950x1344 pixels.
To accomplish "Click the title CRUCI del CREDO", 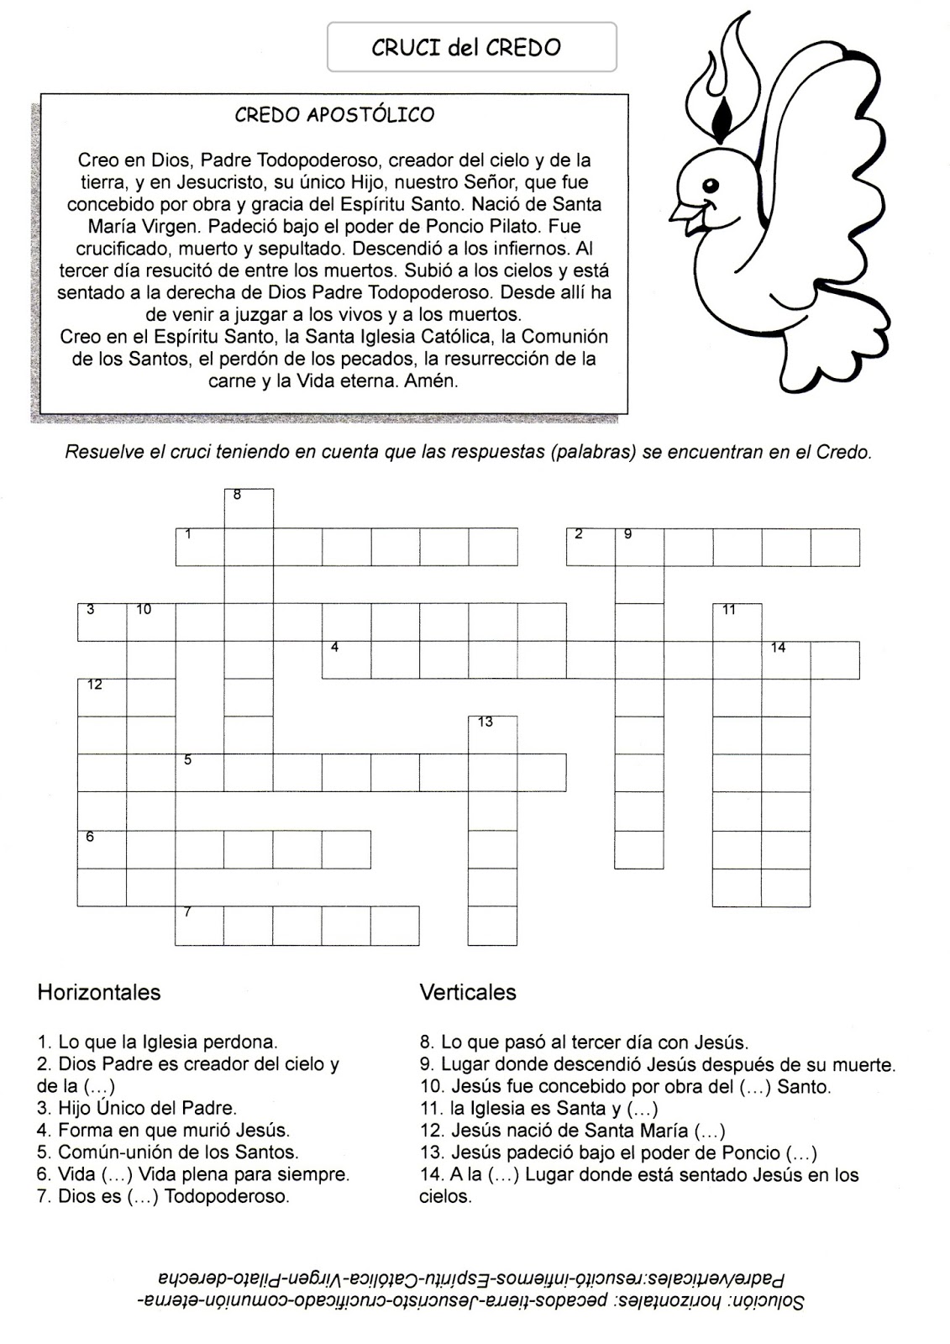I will click(x=466, y=47).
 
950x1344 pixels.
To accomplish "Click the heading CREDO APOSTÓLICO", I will click(x=333, y=114).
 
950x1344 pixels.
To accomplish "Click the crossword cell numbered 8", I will click(x=249, y=508).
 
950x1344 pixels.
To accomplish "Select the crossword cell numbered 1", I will click(x=200, y=547).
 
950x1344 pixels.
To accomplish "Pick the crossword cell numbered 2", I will click(x=590, y=547).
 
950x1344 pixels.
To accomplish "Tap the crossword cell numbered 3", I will click(x=102, y=622).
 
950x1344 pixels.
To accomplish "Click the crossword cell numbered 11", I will click(x=737, y=622).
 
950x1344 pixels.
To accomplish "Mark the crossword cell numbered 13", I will click(x=492, y=735).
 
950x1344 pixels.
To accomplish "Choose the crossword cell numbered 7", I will click(x=200, y=926).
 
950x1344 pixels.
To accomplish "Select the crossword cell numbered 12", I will click(x=102, y=697).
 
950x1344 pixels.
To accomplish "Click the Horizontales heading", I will click(x=99, y=992).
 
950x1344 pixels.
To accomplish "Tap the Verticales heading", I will click(x=468, y=992).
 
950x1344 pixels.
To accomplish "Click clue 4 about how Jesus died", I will click(x=164, y=1131).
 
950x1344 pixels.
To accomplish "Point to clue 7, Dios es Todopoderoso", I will click(x=164, y=1196).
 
